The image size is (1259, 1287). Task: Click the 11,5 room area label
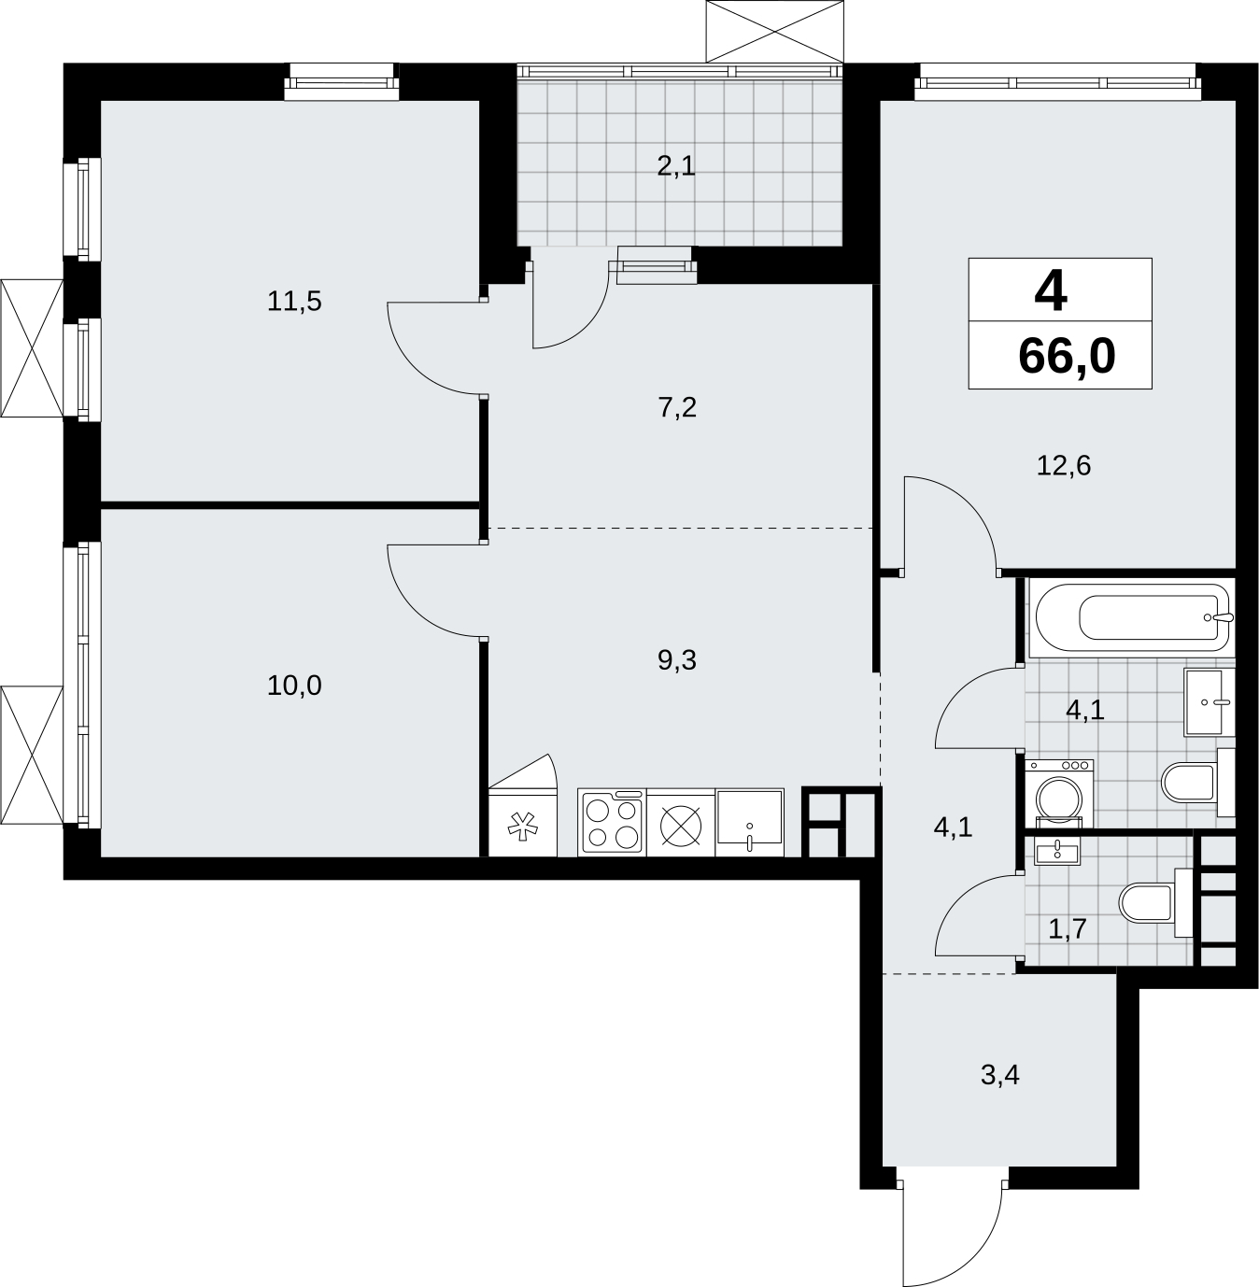click(294, 302)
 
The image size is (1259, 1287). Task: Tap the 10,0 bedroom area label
click(294, 686)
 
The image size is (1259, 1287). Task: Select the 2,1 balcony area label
click(676, 166)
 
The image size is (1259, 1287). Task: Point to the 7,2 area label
click(677, 408)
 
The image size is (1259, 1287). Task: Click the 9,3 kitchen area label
click(677, 660)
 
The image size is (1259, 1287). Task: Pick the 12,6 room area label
click(1063, 466)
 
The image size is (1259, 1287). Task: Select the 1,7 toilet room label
click(1068, 929)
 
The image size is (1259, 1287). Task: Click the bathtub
click(1131, 617)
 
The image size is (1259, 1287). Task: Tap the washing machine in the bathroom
click(1059, 793)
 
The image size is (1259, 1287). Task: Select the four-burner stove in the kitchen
click(612, 822)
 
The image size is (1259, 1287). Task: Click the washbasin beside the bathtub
click(1209, 702)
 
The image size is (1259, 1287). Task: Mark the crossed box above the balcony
click(775, 31)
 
